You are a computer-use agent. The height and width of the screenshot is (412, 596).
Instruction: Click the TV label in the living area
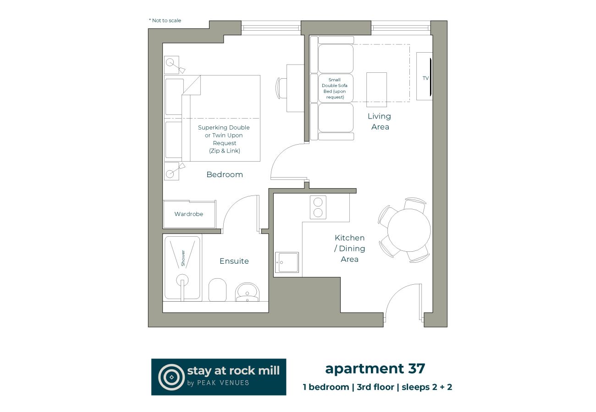[x=425, y=78]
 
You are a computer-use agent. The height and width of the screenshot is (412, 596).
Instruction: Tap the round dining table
[x=408, y=230]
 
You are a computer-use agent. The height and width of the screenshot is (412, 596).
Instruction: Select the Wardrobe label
[x=188, y=214]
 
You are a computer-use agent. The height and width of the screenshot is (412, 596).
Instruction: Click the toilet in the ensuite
[x=217, y=289]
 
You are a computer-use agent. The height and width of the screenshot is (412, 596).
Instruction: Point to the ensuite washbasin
[x=248, y=292]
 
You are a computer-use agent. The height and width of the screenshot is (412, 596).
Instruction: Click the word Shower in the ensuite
[x=183, y=258]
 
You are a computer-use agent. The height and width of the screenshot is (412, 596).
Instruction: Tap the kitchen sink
[x=287, y=263]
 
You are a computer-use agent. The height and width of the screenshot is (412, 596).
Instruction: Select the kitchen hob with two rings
[x=318, y=207]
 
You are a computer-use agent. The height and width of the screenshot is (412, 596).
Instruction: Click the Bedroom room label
[x=225, y=174]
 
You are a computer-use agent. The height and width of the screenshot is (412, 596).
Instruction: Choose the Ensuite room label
[x=234, y=261]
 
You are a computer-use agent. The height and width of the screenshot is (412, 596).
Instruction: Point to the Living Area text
[x=380, y=121]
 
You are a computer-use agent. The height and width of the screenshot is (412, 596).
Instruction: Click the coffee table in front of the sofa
[x=376, y=89]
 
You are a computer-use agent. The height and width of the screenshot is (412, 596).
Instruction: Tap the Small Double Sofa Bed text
[x=335, y=88]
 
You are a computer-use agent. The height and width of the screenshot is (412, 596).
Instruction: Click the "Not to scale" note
[x=165, y=21]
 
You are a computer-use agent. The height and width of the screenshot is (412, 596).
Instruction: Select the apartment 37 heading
[x=375, y=368]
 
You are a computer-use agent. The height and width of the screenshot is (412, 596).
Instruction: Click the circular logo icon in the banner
[x=171, y=377]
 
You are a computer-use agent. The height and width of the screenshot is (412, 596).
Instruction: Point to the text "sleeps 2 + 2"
[x=427, y=387]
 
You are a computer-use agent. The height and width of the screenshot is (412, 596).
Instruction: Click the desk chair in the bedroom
[x=280, y=88]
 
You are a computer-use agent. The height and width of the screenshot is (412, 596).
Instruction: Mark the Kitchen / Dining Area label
[x=349, y=249]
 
